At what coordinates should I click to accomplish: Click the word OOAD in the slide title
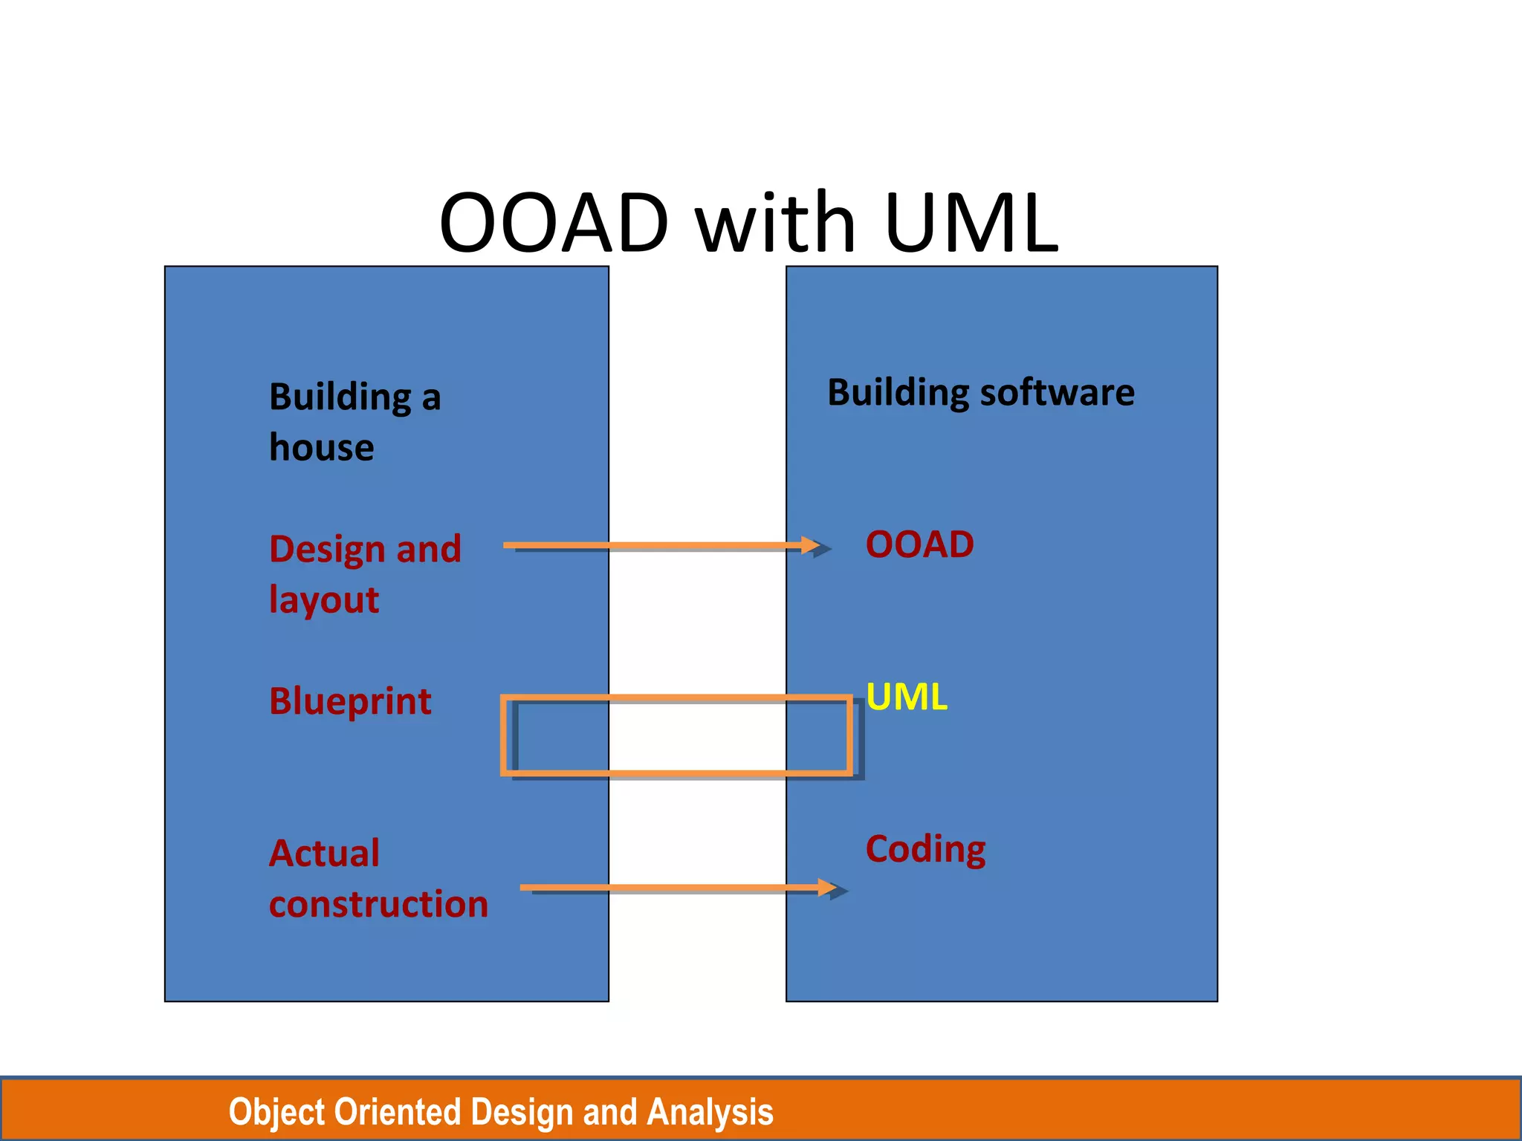554,223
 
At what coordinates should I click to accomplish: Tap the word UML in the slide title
971,223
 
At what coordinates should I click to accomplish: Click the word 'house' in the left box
321,448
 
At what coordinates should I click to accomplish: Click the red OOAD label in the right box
919,545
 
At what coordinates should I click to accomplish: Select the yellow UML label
907,697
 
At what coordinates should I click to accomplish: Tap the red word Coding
925,849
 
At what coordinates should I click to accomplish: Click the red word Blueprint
350,702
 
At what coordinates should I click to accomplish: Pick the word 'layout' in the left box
324,600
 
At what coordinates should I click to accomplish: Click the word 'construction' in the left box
378,905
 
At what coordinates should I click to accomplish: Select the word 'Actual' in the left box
324,854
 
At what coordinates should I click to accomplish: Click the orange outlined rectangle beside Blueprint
676,699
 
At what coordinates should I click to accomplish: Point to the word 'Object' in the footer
276,1113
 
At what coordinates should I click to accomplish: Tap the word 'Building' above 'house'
340,397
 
